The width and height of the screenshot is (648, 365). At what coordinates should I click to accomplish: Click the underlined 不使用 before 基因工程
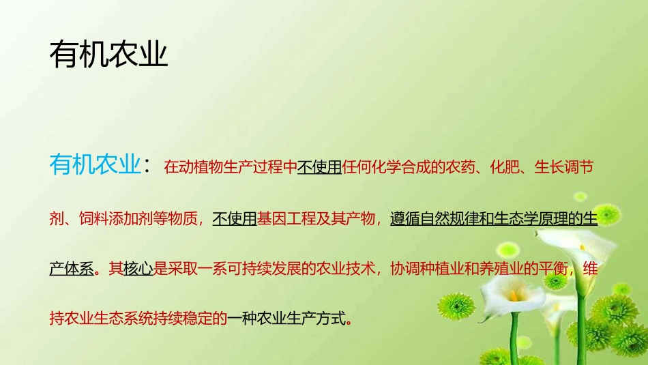click(234, 218)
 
